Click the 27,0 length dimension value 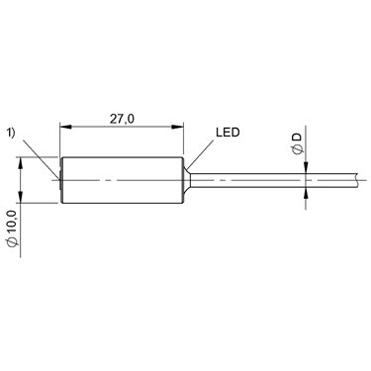122,119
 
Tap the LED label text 228,133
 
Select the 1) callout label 12,133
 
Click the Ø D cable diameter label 297,143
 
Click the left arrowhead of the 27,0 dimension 65,127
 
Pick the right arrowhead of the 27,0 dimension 177,127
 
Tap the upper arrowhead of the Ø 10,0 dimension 21,163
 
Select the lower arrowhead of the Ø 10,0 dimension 21,197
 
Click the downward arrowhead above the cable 306,167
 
